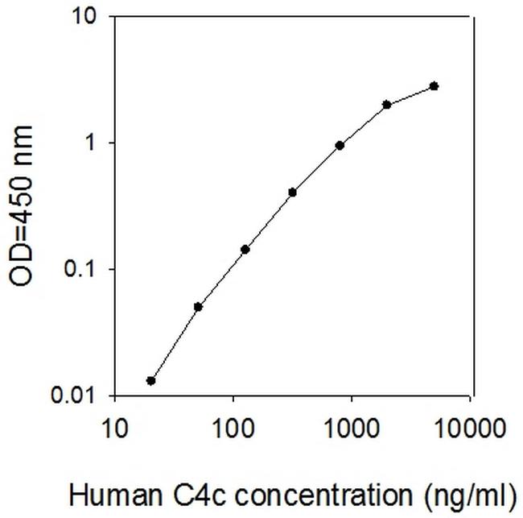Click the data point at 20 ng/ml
pos(150,380)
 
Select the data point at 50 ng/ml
pos(198,307)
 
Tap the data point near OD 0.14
pos(245,249)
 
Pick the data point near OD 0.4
pos(292,193)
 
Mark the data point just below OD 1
pos(340,146)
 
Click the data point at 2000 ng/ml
pos(387,105)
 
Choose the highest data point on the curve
pos(434,85)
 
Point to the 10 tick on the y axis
pos(84,16)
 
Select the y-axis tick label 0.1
pos(80,269)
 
